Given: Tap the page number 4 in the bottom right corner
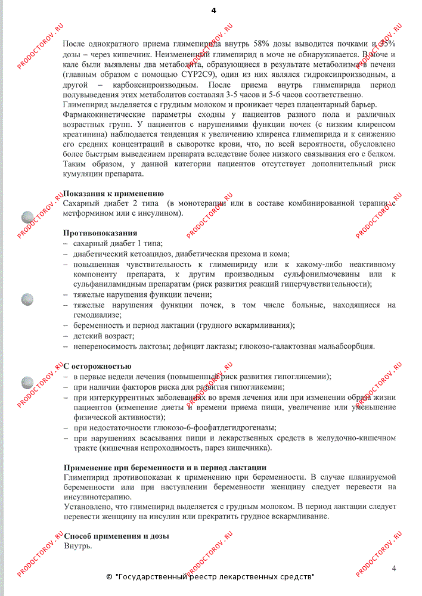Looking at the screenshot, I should tap(394, 567).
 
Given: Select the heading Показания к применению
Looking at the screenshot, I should tap(113, 194).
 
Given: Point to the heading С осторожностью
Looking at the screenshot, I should tap(97, 366).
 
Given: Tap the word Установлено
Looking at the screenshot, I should tap(88, 506).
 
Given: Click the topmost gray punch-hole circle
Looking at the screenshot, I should tap(27, 218).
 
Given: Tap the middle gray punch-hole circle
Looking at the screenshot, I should tap(27, 300).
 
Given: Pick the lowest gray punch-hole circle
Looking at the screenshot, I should tap(27, 382).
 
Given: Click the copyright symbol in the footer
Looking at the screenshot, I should tap(109, 577).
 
